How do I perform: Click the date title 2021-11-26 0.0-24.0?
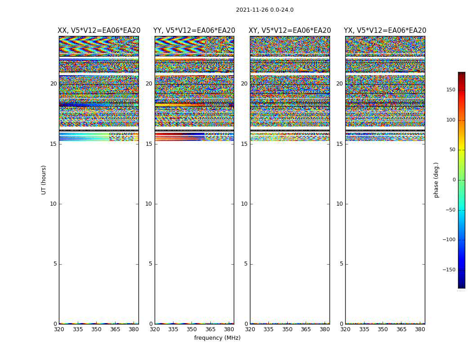click(264, 10)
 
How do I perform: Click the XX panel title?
click(99, 31)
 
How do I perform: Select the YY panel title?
click(194, 31)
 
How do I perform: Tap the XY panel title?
click(290, 31)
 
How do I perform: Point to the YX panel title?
click(385, 31)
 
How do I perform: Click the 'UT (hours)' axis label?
click(44, 180)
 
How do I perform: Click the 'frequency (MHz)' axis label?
click(217, 338)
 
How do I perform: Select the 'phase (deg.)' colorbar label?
click(436, 180)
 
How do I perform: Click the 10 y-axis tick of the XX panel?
click(53, 204)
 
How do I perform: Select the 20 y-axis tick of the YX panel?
click(339, 84)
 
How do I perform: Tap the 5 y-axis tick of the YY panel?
click(151, 264)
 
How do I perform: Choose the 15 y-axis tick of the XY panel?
click(244, 144)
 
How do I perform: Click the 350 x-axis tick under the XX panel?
click(96, 329)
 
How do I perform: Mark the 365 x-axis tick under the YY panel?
click(210, 329)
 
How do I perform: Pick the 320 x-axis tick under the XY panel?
click(250, 329)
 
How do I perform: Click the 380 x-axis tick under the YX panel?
click(420, 329)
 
